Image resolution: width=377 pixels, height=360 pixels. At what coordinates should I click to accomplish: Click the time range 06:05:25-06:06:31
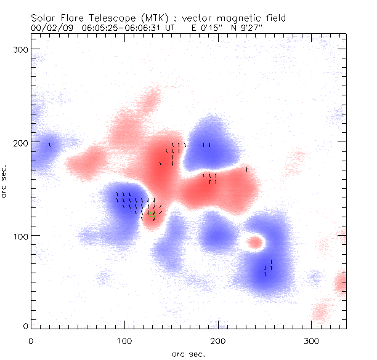[x=118, y=28]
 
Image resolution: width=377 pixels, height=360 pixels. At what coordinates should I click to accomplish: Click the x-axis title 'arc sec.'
[x=188, y=353]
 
